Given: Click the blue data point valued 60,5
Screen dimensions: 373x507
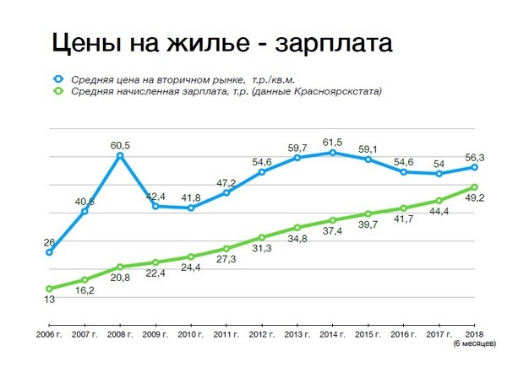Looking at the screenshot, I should [121, 155].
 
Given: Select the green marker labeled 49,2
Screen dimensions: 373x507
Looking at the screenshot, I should [475, 187].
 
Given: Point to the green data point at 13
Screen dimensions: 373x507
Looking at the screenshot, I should [50, 289].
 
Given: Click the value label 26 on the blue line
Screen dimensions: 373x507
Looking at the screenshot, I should [49, 242].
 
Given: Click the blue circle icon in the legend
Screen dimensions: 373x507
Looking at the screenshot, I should [58, 78].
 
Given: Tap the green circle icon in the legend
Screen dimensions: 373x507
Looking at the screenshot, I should [58, 91].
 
